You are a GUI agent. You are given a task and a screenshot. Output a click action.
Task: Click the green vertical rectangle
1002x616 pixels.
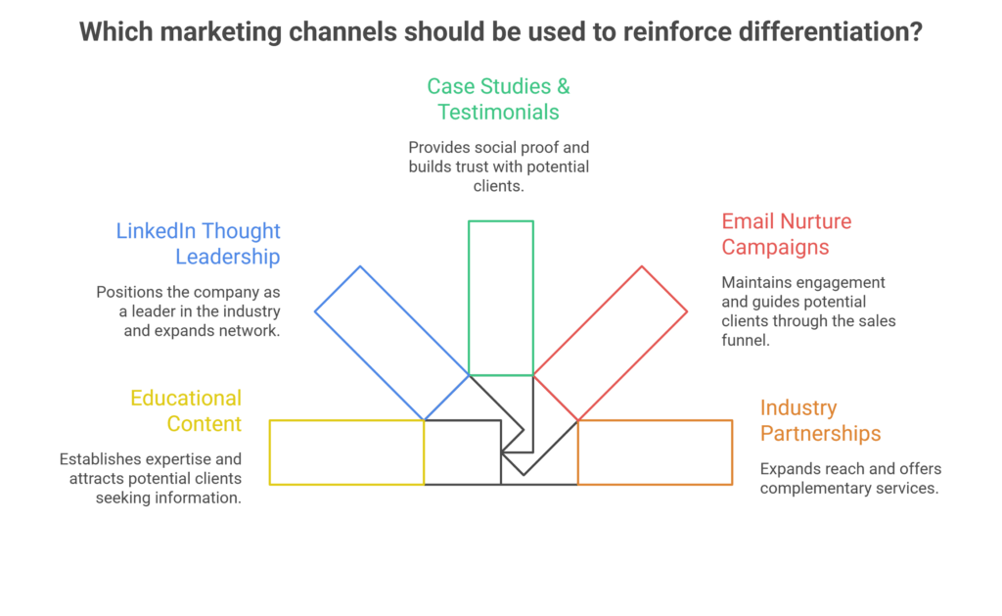pos(501,298)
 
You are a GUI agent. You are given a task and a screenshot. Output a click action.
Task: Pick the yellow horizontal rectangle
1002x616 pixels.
pos(346,452)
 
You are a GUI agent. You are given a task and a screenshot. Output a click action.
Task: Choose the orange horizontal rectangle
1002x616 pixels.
pos(655,452)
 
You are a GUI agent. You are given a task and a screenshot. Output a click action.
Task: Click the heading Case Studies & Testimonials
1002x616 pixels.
pos(499,99)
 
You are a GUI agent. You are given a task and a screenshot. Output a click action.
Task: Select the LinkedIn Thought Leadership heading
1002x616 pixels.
pos(199,244)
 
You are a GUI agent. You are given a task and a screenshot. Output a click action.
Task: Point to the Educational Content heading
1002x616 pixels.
pos(186,410)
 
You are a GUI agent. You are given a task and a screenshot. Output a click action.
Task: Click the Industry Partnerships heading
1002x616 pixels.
pos(820,420)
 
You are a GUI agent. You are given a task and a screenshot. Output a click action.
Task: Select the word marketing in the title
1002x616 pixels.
pos(214,31)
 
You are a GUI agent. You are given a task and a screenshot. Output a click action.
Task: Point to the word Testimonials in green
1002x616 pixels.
pos(499,112)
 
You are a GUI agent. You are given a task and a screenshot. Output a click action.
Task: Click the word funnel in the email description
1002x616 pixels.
pos(746,340)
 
